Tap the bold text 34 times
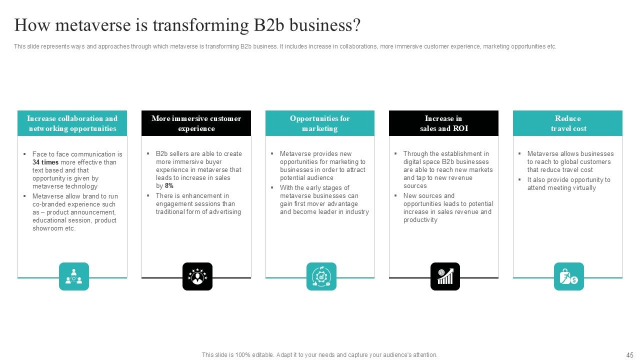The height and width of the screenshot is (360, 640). click(x=45, y=162)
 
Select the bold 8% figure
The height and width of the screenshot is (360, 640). click(x=169, y=186)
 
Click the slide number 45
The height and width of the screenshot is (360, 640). click(x=629, y=355)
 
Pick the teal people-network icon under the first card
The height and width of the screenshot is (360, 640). click(x=74, y=276)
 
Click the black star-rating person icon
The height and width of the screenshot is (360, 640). click(x=197, y=276)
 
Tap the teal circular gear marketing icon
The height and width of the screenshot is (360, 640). click(x=321, y=276)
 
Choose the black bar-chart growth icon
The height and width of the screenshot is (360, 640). click(x=445, y=276)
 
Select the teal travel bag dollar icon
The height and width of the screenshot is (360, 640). click(x=568, y=276)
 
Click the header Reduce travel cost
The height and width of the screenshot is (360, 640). click(x=568, y=123)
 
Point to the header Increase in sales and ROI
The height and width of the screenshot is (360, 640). click(x=443, y=123)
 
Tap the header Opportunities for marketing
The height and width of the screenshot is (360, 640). click(x=320, y=123)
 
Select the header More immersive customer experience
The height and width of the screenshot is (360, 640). click(x=196, y=123)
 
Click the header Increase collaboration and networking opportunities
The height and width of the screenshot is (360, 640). click(x=72, y=123)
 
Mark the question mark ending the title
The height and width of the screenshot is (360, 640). click(x=356, y=25)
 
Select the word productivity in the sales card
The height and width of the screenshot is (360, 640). click(x=420, y=220)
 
